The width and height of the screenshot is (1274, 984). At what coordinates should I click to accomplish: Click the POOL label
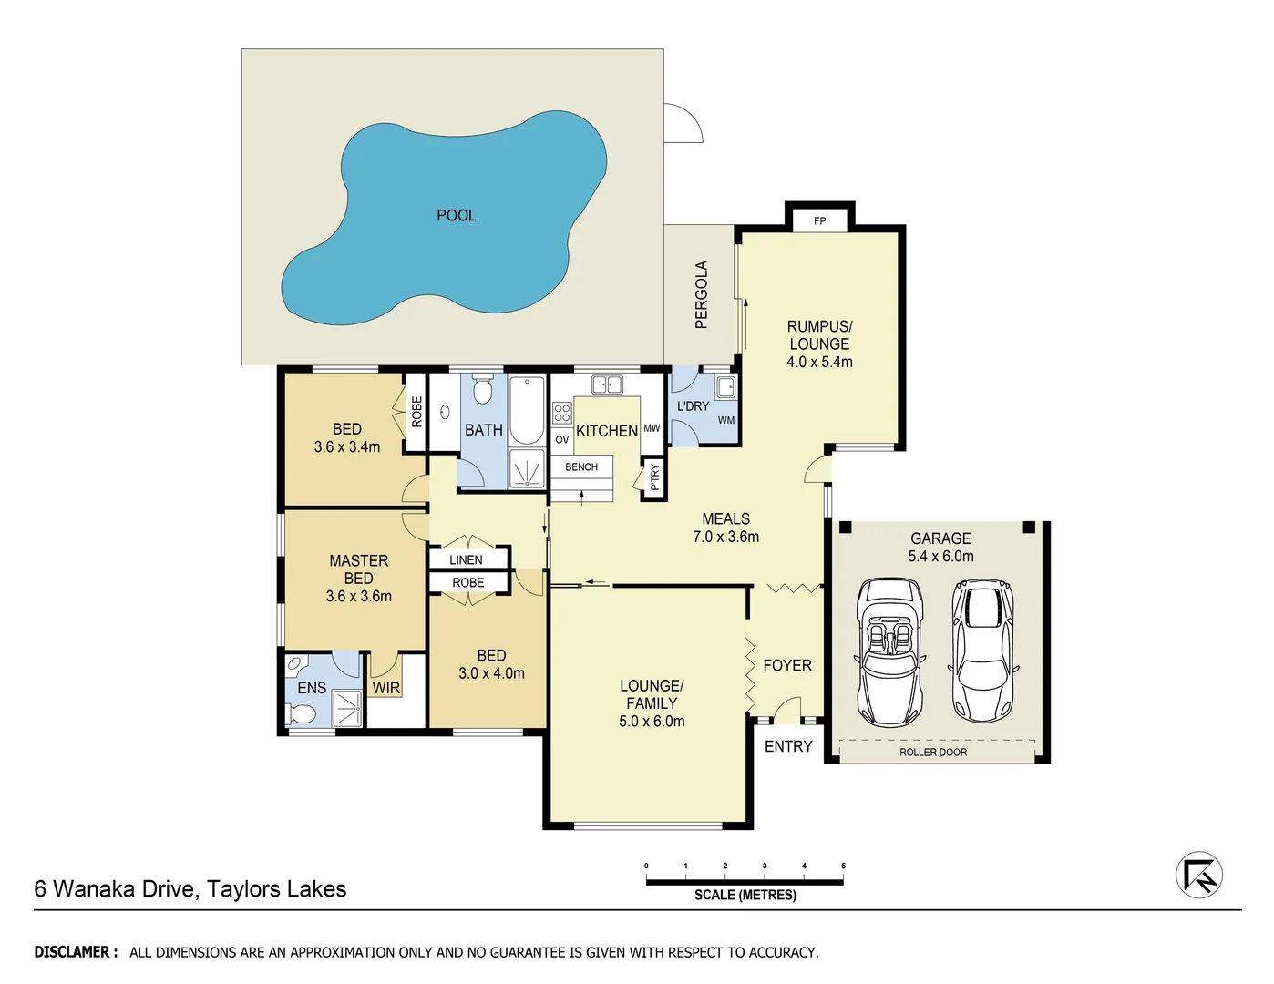[456, 216]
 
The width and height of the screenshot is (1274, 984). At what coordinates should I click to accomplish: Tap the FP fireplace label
[819, 221]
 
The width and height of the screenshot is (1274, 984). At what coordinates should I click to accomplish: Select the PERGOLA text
[701, 294]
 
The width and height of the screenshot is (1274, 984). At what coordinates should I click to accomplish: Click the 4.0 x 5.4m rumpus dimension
[819, 362]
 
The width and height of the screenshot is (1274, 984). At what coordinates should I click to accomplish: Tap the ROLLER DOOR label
[933, 752]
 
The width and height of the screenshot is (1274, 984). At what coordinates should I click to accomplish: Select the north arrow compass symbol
[1198, 876]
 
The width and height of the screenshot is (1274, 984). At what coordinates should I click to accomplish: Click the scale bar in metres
[745, 881]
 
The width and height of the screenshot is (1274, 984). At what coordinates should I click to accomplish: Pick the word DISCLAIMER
[76, 952]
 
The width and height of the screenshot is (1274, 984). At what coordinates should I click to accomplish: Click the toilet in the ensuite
[301, 712]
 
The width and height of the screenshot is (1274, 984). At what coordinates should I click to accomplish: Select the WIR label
[385, 688]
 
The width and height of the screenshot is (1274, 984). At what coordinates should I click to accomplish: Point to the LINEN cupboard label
[466, 559]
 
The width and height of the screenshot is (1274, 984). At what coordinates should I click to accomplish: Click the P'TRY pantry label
[654, 477]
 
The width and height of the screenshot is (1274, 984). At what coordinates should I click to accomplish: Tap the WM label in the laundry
[725, 420]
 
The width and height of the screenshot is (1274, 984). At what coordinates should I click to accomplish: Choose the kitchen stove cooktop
[561, 413]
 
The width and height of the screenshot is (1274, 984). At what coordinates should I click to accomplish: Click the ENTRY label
[788, 746]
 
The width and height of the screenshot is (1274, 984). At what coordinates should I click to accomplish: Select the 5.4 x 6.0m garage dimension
[940, 556]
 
